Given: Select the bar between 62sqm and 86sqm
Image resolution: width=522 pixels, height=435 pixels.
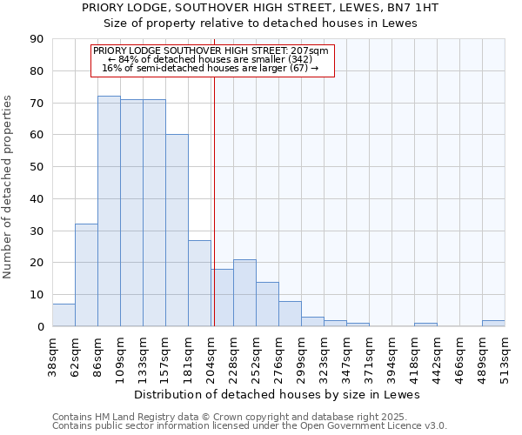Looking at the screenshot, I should point(86,275).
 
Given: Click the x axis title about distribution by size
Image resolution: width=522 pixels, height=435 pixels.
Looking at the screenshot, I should point(278,394).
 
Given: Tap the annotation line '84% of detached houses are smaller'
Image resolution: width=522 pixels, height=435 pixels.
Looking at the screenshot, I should point(211,59).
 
